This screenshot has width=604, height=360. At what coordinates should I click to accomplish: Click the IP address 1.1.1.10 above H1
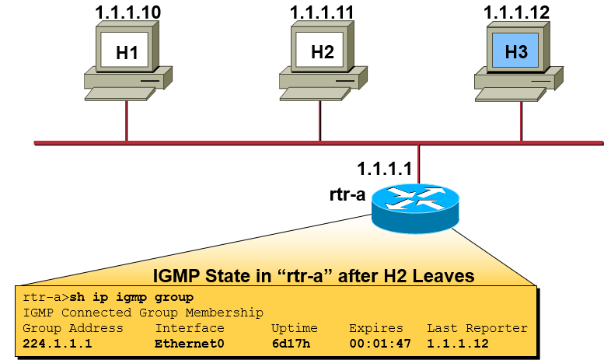point(127,13)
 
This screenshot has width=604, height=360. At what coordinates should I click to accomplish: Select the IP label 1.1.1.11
point(321,13)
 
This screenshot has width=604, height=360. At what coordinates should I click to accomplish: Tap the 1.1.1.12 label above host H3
point(516,12)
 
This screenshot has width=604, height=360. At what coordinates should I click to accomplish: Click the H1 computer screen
point(127,53)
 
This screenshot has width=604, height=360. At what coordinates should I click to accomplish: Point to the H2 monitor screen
point(321,53)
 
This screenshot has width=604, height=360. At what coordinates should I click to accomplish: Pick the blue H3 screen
point(516,52)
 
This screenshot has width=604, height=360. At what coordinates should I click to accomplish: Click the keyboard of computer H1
point(125,93)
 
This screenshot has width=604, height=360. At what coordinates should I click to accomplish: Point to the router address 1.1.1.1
point(388,168)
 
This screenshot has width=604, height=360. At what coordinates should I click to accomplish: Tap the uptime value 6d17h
point(289,343)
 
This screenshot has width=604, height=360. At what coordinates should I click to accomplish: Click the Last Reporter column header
point(477,328)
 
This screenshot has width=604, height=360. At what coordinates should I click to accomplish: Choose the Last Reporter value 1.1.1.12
point(458,343)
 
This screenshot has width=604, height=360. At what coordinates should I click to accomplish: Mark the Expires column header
point(376,328)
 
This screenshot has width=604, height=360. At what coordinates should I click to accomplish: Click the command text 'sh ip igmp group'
point(131,298)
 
